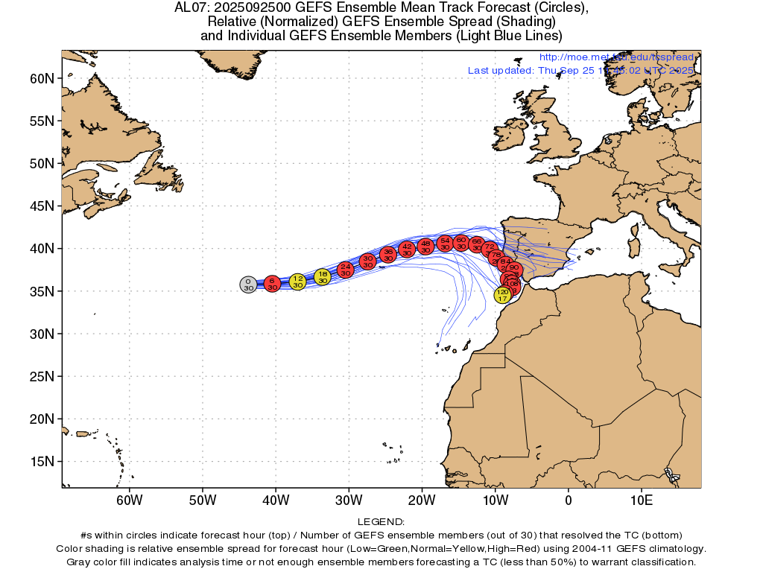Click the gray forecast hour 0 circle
point(248,284)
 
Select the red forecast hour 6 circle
point(272,283)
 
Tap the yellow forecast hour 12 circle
point(297,282)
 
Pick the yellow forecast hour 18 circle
point(322,277)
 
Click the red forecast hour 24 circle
point(345,269)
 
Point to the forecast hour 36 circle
point(387,255)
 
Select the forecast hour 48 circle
point(425,246)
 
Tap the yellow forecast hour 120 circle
point(502,295)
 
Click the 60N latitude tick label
point(42,78)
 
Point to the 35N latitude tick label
point(42,291)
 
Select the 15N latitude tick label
point(42,461)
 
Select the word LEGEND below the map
point(381,522)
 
